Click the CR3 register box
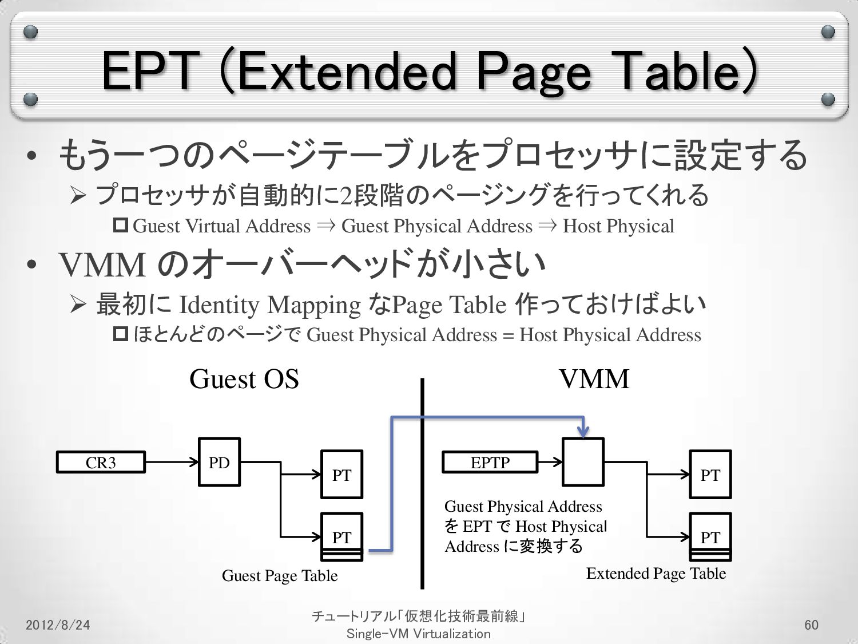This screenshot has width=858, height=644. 101,462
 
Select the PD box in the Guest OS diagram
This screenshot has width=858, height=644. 219,462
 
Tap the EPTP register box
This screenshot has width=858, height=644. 490,462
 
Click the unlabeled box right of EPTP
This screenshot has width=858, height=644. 583,462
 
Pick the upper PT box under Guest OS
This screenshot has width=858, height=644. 341,474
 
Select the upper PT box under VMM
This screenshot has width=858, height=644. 710,474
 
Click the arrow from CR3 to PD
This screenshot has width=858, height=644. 172,462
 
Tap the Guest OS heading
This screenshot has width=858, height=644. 244,379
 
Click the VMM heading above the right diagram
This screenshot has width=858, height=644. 594,379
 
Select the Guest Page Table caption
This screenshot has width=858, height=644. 280,575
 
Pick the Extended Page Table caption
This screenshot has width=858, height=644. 656,573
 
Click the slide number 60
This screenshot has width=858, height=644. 811,625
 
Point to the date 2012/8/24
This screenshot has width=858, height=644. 58,625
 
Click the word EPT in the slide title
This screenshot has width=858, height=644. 150,72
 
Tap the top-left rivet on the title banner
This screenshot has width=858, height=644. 31,32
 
